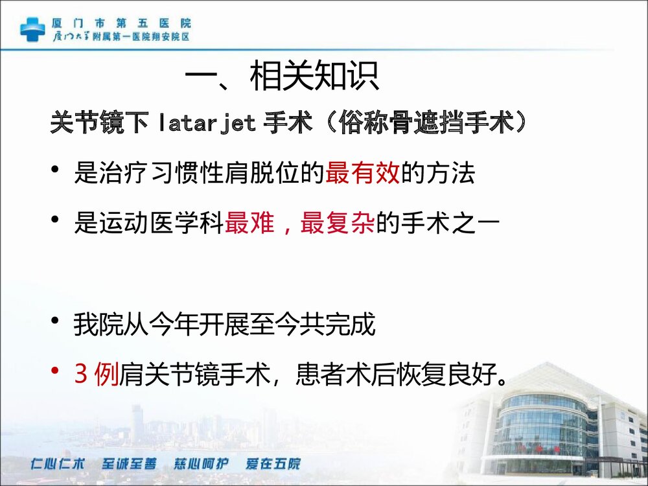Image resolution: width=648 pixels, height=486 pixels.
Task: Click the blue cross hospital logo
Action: pos(32,29)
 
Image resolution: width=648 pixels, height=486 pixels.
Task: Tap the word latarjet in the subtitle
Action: pos(207,122)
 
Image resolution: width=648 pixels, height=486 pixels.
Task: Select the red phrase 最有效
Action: pos(363,174)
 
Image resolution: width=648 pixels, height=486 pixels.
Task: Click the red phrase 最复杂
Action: pos(337,224)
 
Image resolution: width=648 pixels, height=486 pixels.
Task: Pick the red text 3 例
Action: pos(97,375)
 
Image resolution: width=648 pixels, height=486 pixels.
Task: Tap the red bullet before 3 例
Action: pos(56,371)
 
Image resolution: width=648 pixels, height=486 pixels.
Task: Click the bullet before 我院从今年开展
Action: pos(56,321)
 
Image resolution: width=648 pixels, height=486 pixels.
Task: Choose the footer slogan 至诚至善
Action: pos(129,464)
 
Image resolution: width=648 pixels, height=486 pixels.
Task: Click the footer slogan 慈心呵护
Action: pos(201,464)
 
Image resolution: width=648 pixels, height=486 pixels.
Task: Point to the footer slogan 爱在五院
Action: pos(273,464)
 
